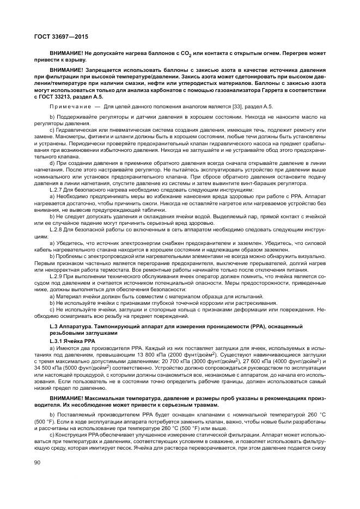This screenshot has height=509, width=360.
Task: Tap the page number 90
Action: pos(36,477)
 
